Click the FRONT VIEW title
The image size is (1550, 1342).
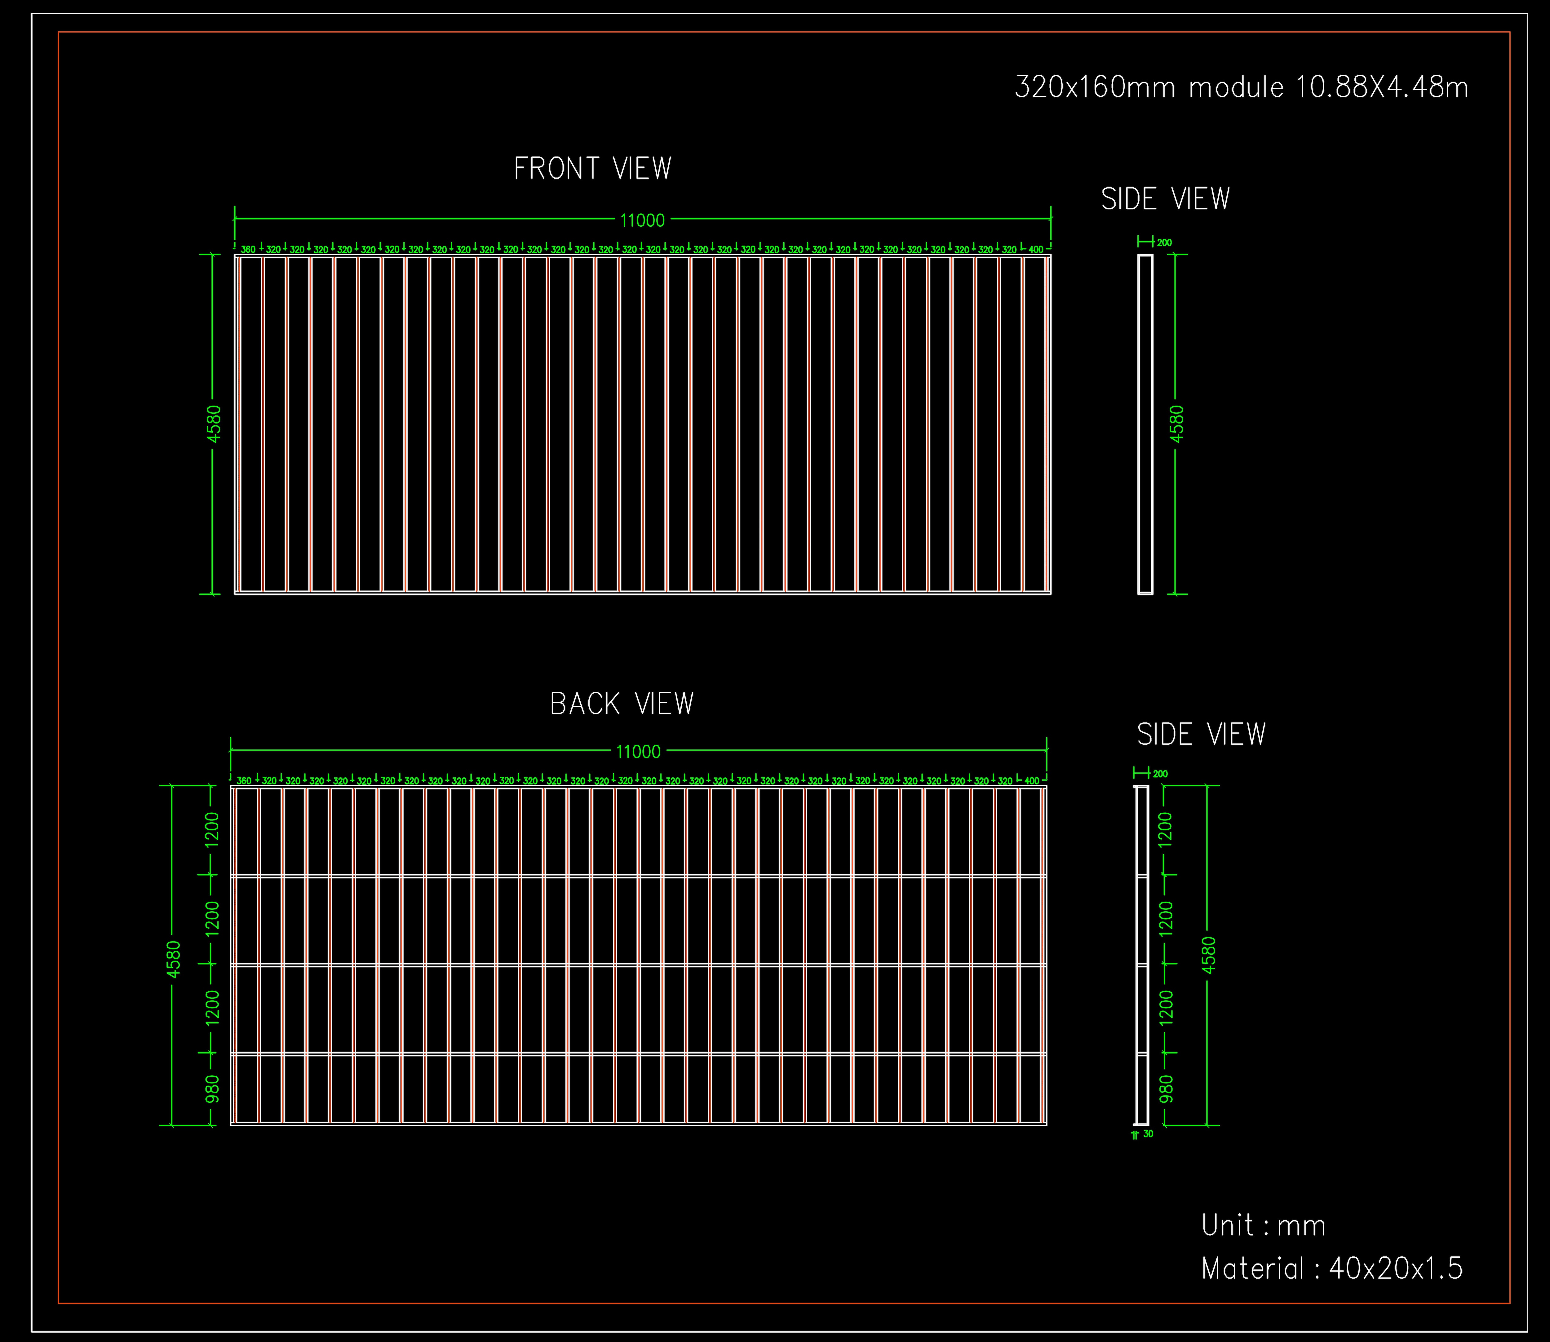pyautogui.click(x=592, y=168)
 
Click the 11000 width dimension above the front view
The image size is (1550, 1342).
pyautogui.click(x=642, y=220)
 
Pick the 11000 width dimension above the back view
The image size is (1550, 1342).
pyautogui.click(x=639, y=751)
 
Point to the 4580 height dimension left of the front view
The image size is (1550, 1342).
pyautogui.click(x=214, y=424)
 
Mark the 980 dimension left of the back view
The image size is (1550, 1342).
pyautogui.click(x=213, y=1089)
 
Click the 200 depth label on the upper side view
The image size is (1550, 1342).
pyautogui.click(x=1164, y=243)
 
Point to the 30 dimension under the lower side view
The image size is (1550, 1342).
pyautogui.click(x=1149, y=1134)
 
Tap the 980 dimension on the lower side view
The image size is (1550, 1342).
pyautogui.click(x=1167, y=1089)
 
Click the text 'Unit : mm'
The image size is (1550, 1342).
pyautogui.click(x=1263, y=1225)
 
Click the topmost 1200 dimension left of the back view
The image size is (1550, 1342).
pyautogui.click(x=213, y=830)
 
